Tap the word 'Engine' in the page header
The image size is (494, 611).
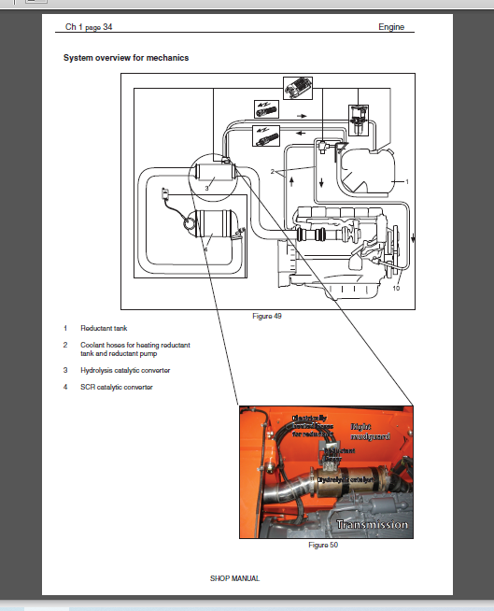[390, 27]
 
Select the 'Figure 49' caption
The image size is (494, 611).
[267, 316]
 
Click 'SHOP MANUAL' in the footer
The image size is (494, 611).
[234, 578]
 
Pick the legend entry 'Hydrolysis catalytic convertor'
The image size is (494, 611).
[125, 370]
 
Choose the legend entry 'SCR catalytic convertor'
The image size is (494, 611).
[116, 387]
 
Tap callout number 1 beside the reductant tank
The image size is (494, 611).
[407, 180]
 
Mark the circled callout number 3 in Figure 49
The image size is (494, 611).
[207, 188]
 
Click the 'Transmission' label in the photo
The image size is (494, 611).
[373, 525]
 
